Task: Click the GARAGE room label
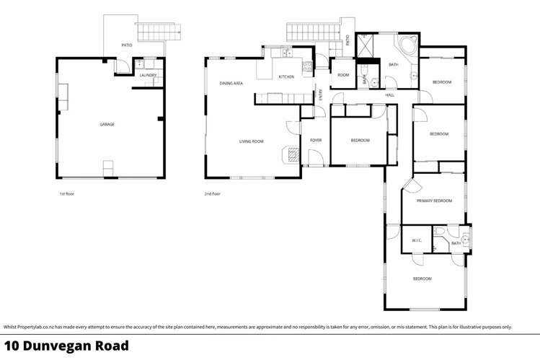[x=107, y=125]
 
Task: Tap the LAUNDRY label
[x=149, y=75]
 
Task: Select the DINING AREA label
[x=231, y=84]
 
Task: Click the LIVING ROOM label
[x=252, y=141]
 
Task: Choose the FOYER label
[x=316, y=140]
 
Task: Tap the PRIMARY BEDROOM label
[x=434, y=201]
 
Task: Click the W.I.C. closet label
[x=417, y=241]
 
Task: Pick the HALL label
[x=389, y=95]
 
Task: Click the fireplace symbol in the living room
[x=291, y=154]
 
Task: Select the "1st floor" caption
[x=67, y=193]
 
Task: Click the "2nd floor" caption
[x=213, y=193]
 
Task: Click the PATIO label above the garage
[x=126, y=45]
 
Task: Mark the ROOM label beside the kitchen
[x=343, y=75]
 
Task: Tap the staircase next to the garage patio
[x=156, y=31]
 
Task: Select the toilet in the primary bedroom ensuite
[x=440, y=231]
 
